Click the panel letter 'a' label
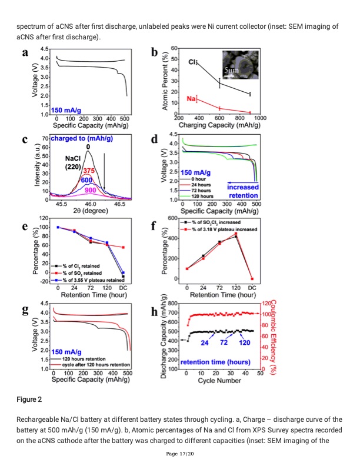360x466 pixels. point(25,52)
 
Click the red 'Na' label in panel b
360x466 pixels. point(192,99)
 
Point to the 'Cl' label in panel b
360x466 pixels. point(192,62)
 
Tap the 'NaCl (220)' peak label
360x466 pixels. point(74,162)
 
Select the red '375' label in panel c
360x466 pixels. point(89,171)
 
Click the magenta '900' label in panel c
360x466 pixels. point(91,190)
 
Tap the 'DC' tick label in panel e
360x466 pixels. point(124,287)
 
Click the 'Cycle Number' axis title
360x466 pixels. point(219,381)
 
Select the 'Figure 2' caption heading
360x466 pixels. point(29,400)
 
